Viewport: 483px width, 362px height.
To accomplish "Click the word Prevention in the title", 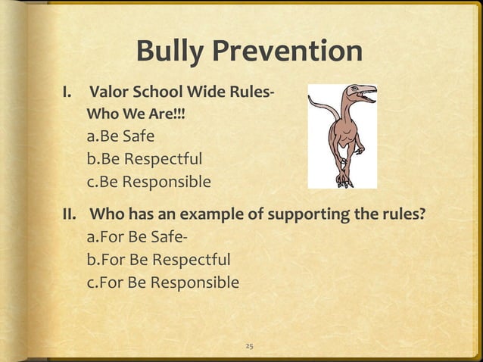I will (291, 51).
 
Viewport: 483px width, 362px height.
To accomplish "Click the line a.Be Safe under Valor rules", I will (121, 137).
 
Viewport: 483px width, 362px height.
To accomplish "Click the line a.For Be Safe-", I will (137, 239).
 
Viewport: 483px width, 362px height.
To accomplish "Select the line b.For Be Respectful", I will (160, 261).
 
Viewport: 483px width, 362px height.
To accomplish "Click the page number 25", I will (249, 346).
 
